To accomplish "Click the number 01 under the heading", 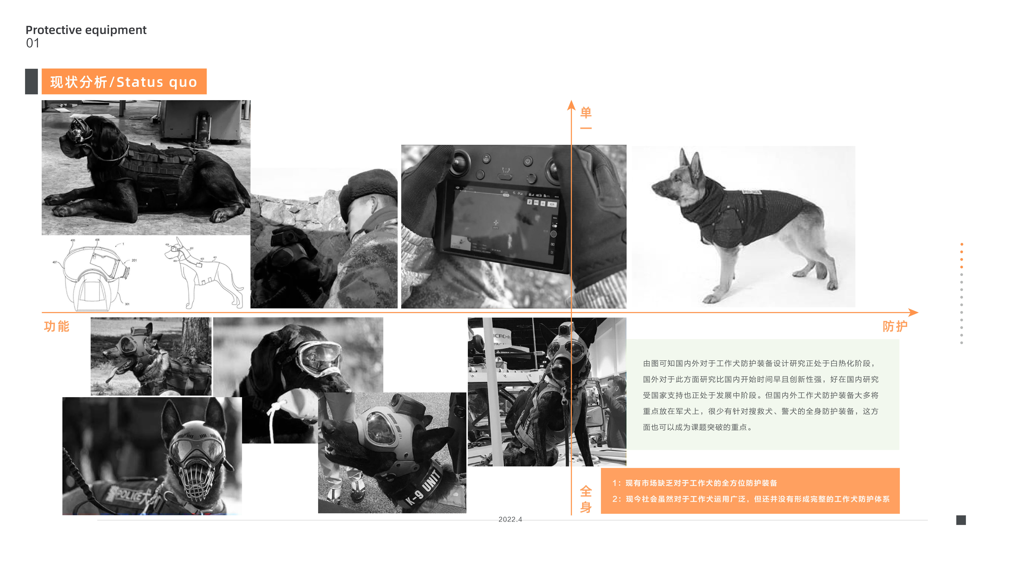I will (33, 43).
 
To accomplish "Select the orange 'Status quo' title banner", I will (124, 82).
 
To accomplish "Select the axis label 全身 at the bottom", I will (586, 499).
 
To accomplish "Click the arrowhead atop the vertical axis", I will (571, 105).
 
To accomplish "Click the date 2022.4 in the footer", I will (510, 519).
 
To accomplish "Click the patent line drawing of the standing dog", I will (203, 272).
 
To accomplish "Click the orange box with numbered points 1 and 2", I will (750, 491).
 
